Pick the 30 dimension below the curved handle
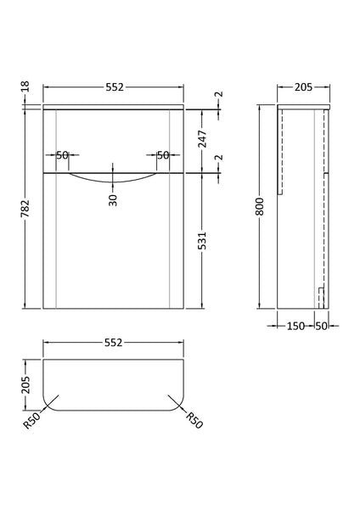coord(113,200)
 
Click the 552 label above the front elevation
coord(113,87)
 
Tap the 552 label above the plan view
coord(113,343)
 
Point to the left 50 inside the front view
coord(62,154)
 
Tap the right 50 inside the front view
coord(163,154)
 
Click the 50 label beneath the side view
coord(321,326)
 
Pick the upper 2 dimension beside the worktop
coord(218,98)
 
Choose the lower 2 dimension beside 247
coord(218,158)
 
